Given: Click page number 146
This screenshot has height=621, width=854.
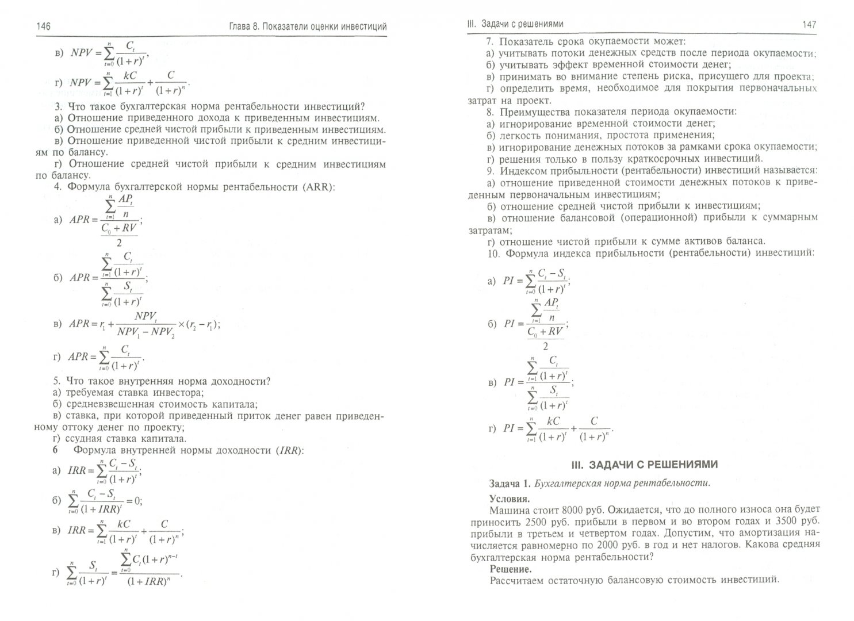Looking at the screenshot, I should (x=44, y=26).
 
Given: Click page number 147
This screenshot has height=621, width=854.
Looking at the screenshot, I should (x=809, y=25).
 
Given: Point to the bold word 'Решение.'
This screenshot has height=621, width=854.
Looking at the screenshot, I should (x=511, y=569).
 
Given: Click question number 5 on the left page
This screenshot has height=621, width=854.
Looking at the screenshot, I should (x=56, y=381).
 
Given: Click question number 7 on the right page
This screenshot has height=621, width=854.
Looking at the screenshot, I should (x=490, y=42).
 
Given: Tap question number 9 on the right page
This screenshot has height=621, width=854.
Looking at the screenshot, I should (x=490, y=171).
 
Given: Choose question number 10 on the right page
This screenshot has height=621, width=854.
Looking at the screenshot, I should (x=493, y=252).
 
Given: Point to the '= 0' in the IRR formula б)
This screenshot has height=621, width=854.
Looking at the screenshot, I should (x=134, y=500).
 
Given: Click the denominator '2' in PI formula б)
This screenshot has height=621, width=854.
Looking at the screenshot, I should (x=545, y=347).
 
